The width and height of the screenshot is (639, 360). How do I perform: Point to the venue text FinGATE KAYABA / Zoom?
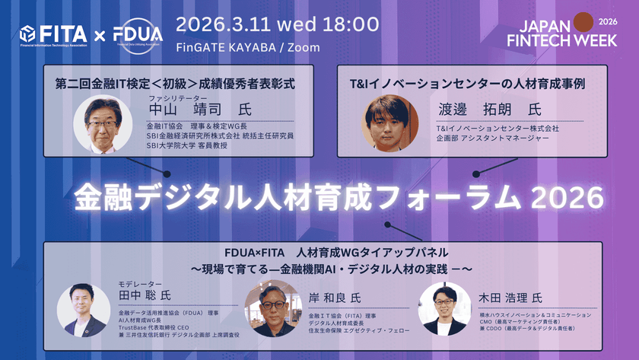[x=248, y=47]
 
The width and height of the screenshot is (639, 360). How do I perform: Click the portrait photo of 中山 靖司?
[x=103, y=124]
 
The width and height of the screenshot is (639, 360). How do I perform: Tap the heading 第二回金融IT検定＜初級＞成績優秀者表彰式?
[x=175, y=81]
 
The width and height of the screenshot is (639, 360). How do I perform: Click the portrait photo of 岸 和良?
[x=272, y=308]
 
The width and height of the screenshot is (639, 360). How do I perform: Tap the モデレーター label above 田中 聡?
[x=139, y=283]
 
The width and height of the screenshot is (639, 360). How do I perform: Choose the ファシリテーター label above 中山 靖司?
[x=176, y=97]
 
